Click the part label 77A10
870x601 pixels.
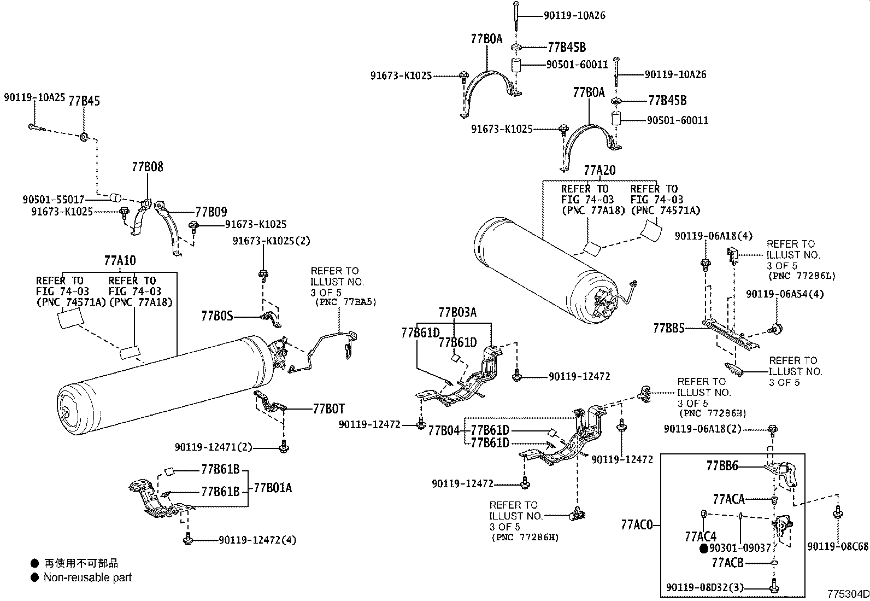click(120, 260)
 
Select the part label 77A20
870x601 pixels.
click(599, 171)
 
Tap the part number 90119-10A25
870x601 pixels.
click(34, 97)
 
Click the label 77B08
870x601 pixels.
click(147, 167)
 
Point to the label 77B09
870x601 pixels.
click(211, 212)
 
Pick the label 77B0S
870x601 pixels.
click(217, 316)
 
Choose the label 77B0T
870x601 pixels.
click(328, 409)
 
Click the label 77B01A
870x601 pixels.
click(272, 488)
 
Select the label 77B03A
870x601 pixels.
click(457, 312)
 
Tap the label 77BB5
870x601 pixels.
click(669, 328)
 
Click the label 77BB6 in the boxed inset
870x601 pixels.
click(722, 466)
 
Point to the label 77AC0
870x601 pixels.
click(637, 525)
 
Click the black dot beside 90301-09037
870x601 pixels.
click(704, 548)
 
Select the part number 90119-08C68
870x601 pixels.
click(838, 546)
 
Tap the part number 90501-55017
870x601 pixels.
click(54, 200)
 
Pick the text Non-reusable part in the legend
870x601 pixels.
click(87, 577)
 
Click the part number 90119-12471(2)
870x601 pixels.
click(214, 447)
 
